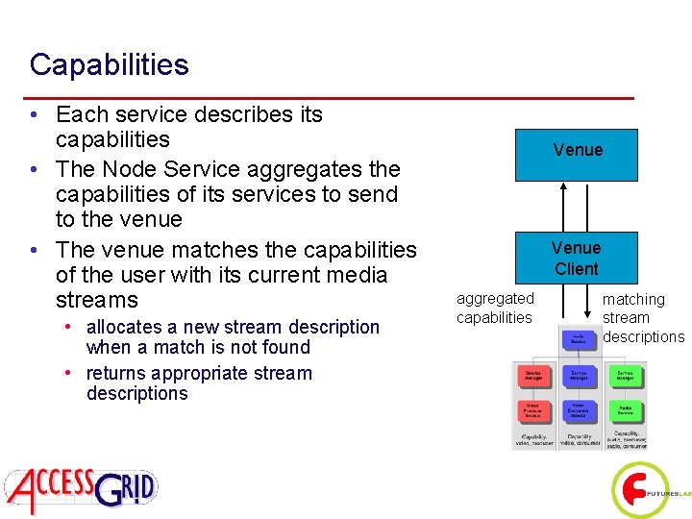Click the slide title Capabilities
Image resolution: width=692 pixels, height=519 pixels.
[x=109, y=65]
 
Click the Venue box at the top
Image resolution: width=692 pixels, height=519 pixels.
[x=577, y=151]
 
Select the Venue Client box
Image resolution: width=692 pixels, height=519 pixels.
[x=576, y=259]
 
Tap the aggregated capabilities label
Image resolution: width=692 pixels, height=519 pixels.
[x=495, y=308]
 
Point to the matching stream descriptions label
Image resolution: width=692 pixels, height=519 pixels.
[x=642, y=318]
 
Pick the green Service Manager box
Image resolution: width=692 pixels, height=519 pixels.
[x=625, y=375]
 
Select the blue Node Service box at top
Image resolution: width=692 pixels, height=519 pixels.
[x=579, y=337]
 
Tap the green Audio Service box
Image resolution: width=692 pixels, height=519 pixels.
[x=625, y=410]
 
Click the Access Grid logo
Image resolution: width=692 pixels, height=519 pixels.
[x=80, y=490]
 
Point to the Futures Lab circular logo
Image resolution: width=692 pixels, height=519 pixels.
[x=640, y=491]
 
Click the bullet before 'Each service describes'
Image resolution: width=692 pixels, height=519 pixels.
[x=35, y=115]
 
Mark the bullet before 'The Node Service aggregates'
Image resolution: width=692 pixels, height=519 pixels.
[x=35, y=170]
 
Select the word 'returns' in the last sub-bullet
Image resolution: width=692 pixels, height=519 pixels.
[x=116, y=373]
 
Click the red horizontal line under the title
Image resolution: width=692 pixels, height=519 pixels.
[x=332, y=98]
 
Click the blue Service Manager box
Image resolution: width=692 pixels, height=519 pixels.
[x=579, y=375]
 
